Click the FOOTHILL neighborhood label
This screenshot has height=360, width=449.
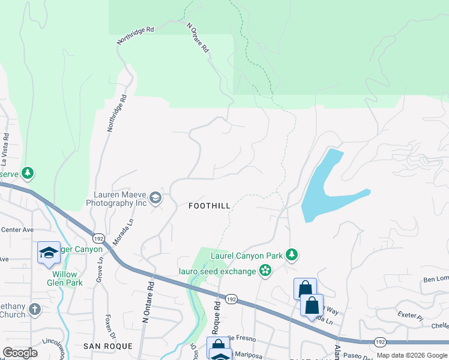point(209,206)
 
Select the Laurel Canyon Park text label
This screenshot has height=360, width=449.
point(247,256)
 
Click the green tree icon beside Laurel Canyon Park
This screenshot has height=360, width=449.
point(292,255)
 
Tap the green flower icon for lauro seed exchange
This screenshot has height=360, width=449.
point(265,271)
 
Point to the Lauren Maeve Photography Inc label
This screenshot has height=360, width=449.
point(120,199)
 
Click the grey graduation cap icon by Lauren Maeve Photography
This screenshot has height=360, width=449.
point(155,198)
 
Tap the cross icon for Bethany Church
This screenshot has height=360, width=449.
point(35,310)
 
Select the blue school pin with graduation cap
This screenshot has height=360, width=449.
point(49,253)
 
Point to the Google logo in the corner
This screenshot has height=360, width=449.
point(20,353)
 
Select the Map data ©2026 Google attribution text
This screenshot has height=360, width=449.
point(411,355)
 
